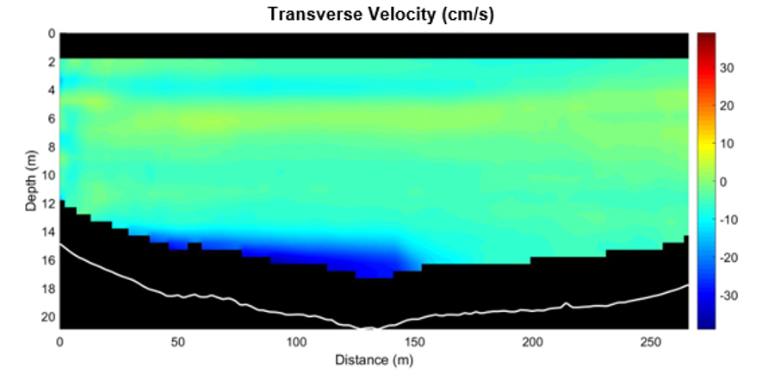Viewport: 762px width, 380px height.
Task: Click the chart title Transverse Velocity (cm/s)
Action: pos(381,14)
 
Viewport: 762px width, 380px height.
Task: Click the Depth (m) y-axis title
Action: pos(31,181)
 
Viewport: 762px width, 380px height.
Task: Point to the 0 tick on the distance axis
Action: pos(59,341)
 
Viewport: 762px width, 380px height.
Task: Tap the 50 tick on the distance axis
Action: pos(177,341)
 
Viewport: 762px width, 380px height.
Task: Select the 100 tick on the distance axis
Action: pos(296,341)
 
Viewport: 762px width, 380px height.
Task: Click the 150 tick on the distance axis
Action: pos(414,341)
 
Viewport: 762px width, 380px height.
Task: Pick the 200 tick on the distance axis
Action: pos(532,341)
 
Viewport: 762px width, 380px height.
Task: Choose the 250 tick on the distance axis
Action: pos(651,341)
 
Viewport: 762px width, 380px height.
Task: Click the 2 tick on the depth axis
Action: pos(51,62)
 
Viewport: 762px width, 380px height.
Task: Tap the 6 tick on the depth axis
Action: pos(51,119)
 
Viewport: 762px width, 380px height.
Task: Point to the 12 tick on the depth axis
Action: pos(48,203)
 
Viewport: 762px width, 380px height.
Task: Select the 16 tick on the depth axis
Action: pos(48,260)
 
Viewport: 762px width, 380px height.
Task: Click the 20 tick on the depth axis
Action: pos(48,317)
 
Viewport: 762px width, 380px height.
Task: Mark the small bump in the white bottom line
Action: pos(567,303)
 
